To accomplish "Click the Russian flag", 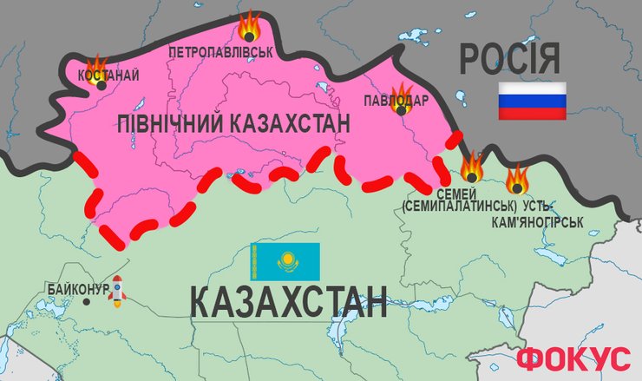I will (532, 101).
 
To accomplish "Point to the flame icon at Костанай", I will (95, 66).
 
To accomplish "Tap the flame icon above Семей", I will (471, 166).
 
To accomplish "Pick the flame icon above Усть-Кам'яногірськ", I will (518, 178).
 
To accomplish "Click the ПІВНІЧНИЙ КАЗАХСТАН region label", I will (233, 125).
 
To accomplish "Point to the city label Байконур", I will (78, 288).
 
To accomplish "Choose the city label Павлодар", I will (396, 102).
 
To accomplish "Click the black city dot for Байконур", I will (86, 302).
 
